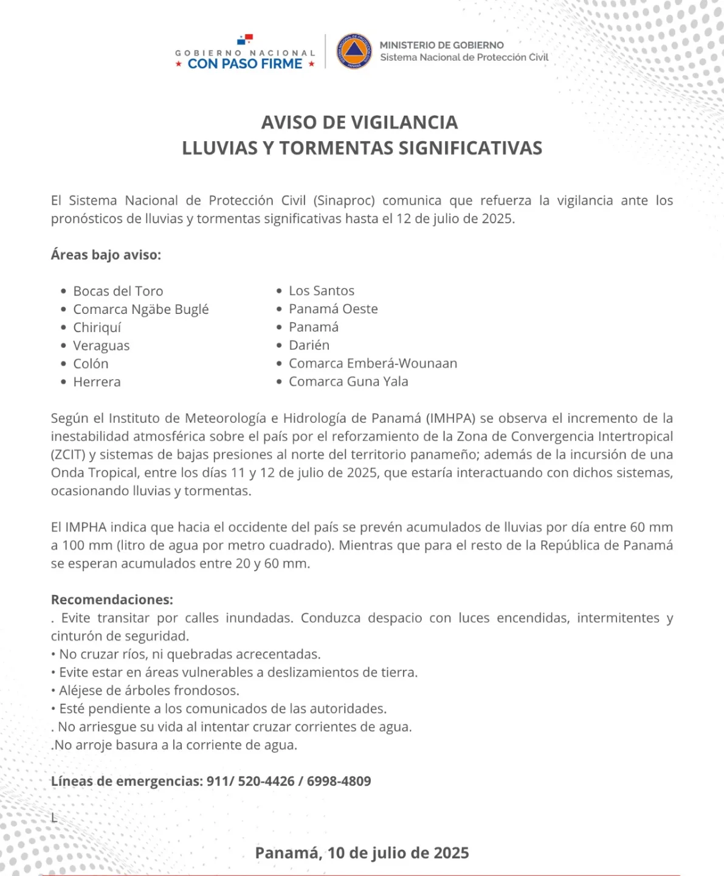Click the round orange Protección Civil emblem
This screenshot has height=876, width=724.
pos(354,51)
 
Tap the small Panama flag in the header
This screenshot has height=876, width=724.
pos(246,40)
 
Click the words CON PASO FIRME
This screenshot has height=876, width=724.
pos(245,64)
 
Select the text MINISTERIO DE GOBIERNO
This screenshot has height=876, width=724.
pos(442,45)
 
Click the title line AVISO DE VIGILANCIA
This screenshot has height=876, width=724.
pos(360,122)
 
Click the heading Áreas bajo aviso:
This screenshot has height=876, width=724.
pos(106,255)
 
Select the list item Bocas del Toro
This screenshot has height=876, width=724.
pos(119,291)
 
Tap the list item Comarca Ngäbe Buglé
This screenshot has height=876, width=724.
pos(141,309)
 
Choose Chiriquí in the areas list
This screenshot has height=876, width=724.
pos(97,327)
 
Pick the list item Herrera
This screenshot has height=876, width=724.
pos(97,381)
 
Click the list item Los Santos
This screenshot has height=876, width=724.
pos(322,291)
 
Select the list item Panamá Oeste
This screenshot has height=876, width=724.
pos(333,309)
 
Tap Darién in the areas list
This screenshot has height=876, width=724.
pos(309,345)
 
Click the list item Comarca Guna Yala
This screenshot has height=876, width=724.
pos(348,381)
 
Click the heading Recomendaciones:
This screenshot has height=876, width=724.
pos(112,599)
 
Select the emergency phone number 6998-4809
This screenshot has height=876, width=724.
pos(339,781)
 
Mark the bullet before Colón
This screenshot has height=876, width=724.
pos(63,364)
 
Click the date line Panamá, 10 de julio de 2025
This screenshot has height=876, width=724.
pos(362,853)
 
